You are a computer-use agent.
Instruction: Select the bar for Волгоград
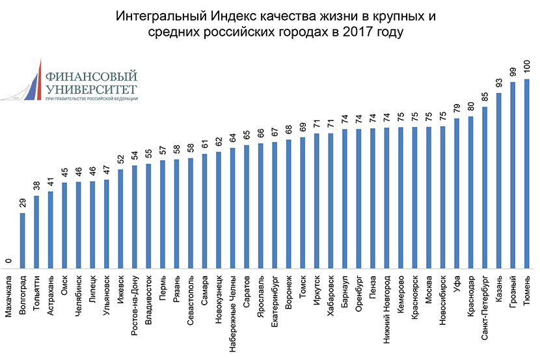[x=23, y=241]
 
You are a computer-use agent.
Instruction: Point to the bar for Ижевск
[x=120, y=219]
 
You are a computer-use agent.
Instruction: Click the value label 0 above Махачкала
[x=8, y=261]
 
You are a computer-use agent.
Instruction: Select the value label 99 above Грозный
[x=513, y=72]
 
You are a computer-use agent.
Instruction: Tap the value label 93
[x=498, y=83]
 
